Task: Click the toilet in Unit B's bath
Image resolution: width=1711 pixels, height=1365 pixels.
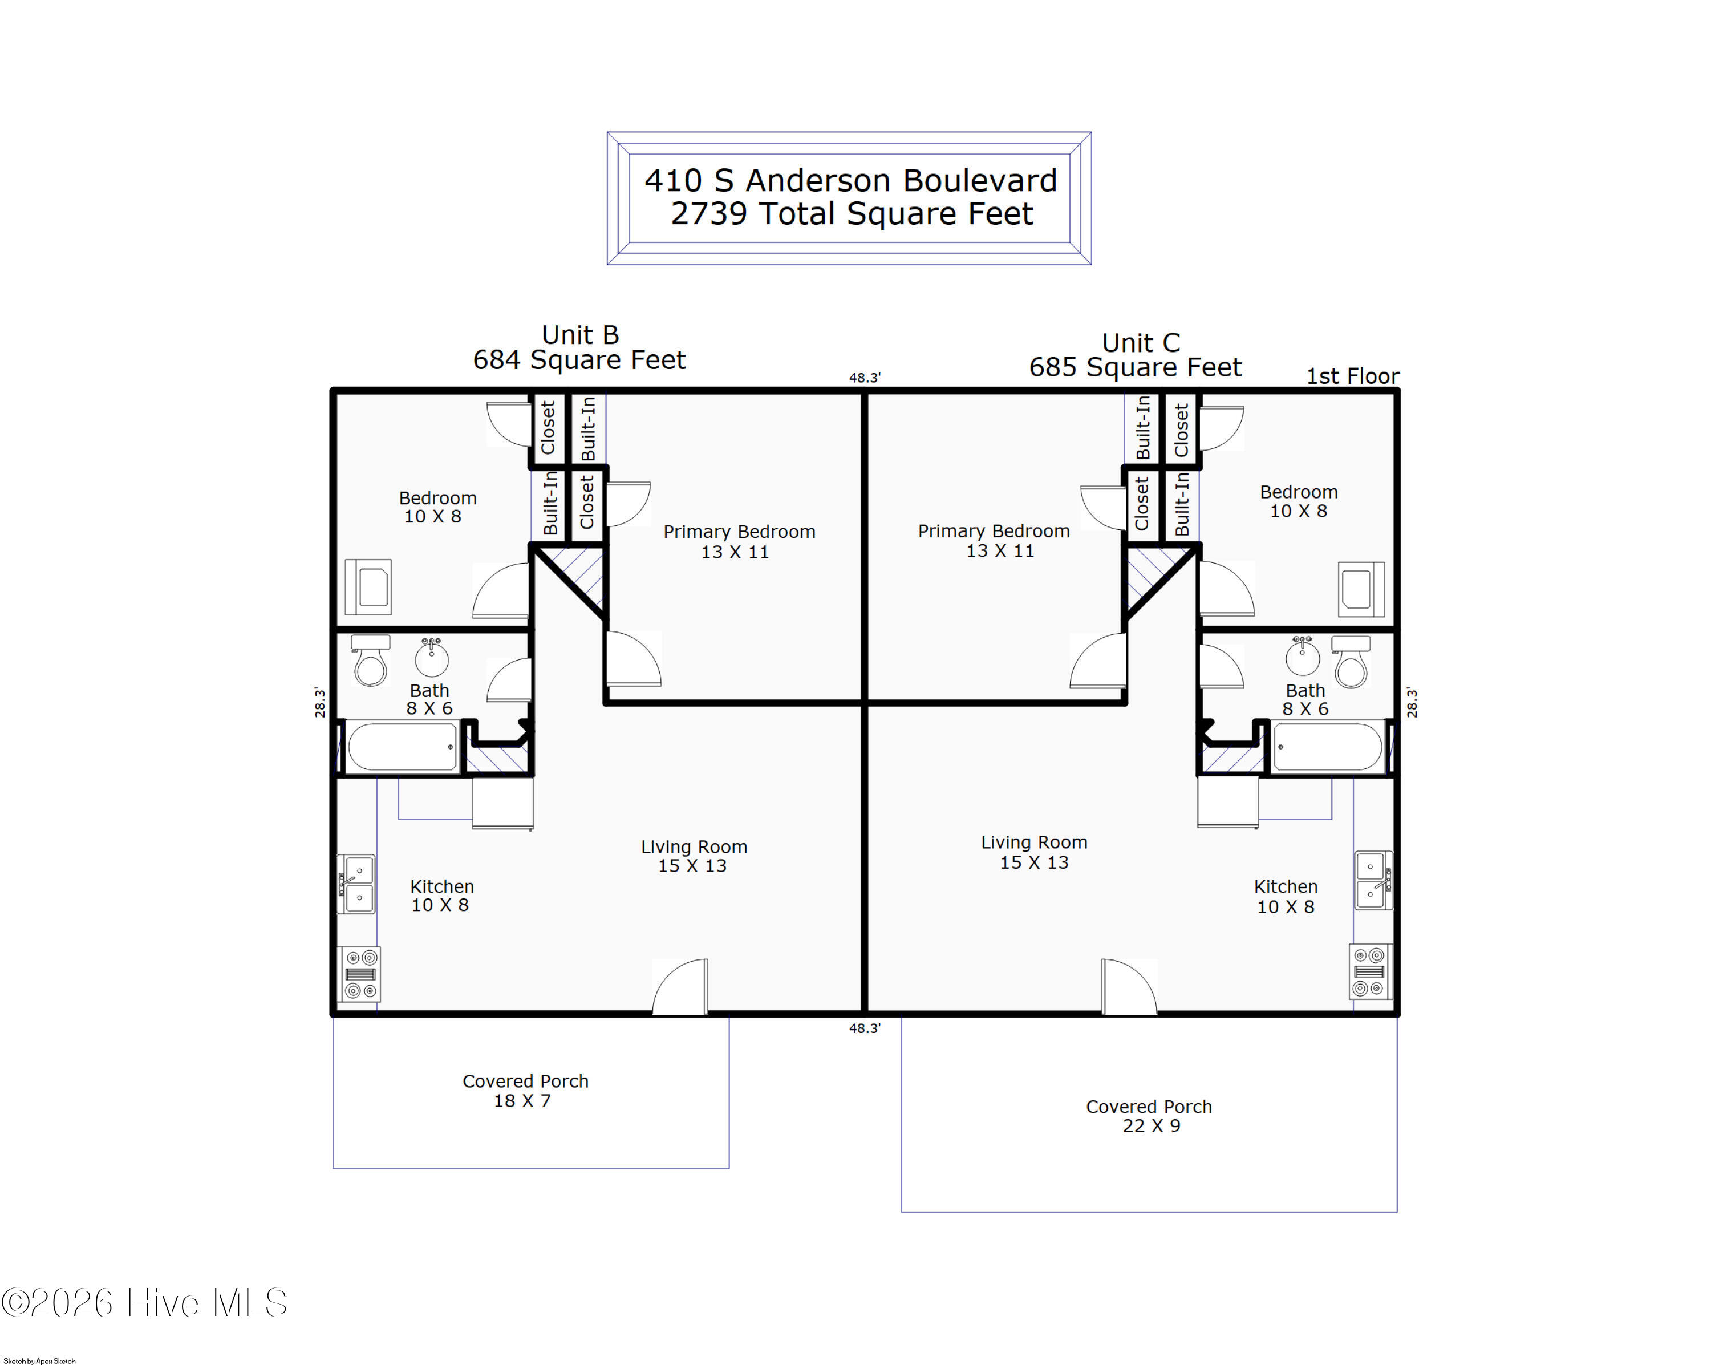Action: point(371,661)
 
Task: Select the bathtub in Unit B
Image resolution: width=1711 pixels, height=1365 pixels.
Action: point(402,747)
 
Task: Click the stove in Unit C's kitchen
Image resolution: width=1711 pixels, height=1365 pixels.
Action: point(1371,971)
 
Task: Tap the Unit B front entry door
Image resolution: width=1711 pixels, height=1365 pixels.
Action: point(680,986)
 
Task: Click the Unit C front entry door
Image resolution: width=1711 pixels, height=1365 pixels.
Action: point(1129,986)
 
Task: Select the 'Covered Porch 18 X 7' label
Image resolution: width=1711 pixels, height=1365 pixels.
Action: point(525,1091)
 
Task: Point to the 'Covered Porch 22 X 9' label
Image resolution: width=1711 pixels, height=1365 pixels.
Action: point(1149,1116)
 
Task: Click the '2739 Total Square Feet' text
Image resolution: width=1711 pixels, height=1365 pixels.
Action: point(852,213)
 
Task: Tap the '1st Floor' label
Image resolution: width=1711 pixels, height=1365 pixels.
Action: point(1352,376)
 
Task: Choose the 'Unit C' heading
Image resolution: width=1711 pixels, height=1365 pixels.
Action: point(1141,343)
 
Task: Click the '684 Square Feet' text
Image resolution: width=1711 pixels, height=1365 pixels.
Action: point(579,359)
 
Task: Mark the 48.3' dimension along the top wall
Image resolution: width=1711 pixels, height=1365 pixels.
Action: point(864,378)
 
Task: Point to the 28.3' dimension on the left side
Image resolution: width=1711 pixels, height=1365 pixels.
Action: point(320,702)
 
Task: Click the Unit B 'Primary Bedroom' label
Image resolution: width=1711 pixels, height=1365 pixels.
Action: point(739,532)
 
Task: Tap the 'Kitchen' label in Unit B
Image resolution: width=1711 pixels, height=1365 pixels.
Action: point(442,886)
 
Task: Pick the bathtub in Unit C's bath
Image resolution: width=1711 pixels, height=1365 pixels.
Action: point(1328,747)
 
